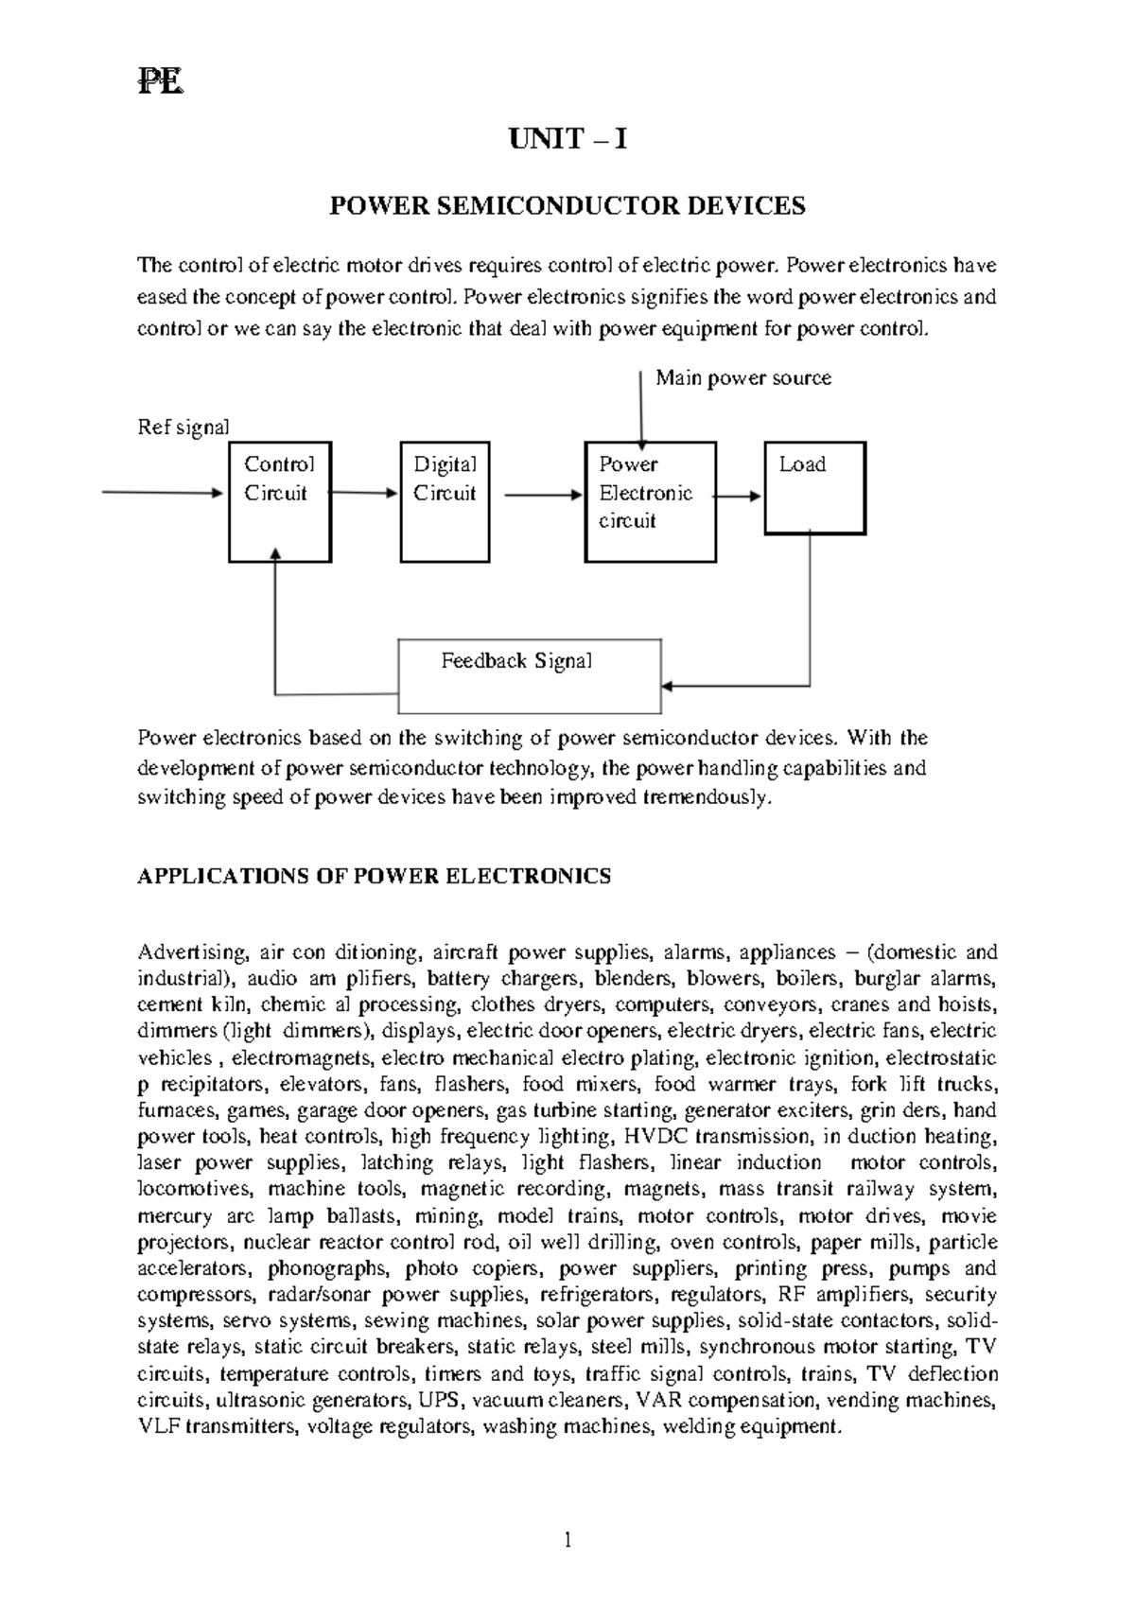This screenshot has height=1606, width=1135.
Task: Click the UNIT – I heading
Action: (567, 140)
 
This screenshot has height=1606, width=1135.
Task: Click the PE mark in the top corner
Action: (160, 83)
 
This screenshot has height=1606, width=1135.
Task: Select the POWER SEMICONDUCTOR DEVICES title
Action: (567, 206)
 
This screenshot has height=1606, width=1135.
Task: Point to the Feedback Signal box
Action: (530, 676)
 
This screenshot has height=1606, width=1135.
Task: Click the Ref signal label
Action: (183, 428)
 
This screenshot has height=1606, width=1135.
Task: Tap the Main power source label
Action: (743, 378)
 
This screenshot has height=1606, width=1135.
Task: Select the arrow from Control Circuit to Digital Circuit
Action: (365, 493)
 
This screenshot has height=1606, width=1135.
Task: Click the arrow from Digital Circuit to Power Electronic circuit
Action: (543, 494)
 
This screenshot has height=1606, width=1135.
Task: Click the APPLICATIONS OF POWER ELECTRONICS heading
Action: (375, 876)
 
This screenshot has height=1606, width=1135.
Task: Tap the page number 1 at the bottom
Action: (567, 1541)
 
